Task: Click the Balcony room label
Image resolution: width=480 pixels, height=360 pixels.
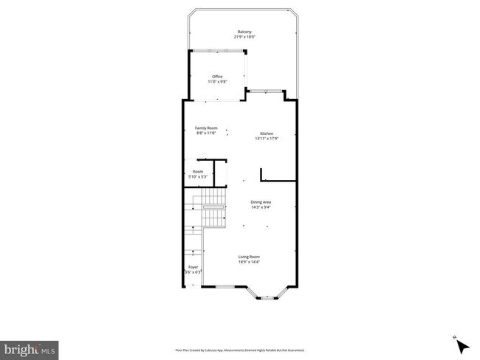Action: [x=244, y=32]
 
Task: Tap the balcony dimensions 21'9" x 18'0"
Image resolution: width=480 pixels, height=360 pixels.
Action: [x=244, y=36]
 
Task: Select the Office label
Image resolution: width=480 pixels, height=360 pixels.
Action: [x=217, y=76]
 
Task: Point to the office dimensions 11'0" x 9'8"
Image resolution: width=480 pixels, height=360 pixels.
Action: [x=217, y=81]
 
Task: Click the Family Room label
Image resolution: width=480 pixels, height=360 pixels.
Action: [x=206, y=128]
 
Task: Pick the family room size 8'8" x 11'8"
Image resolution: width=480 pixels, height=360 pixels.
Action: [x=206, y=133]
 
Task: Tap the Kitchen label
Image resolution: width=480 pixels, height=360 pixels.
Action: [x=267, y=134]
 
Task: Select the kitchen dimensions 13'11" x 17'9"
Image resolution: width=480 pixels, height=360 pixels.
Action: [x=267, y=139]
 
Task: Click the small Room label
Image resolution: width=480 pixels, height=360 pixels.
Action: [x=197, y=172]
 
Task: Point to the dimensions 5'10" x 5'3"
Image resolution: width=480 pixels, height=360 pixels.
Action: [x=197, y=177]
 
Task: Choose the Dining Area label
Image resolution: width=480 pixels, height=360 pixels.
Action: [x=261, y=201]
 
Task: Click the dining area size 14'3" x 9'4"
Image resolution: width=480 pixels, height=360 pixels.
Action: [x=261, y=207]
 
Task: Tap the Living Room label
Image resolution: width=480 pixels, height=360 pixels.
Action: [x=249, y=257]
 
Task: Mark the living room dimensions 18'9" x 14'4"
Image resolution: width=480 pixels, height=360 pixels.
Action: [x=249, y=262]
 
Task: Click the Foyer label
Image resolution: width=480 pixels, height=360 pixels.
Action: [x=193, y=267]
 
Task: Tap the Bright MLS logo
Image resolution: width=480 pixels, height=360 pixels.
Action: [x=29, y=347]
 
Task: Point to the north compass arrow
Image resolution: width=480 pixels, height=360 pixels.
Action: [x=462, y=345]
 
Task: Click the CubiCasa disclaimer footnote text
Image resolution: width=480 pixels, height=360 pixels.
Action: [x=239, y=350]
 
